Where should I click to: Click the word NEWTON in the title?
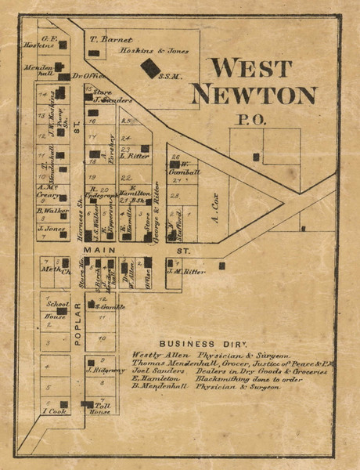pos(254,95)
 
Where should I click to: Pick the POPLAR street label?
pos(77,327)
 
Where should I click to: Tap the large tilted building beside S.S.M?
pos(149,68)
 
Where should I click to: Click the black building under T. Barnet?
pos(94,52)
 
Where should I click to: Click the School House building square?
pos(65,306)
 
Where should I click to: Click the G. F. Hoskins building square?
pos(63,45)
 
